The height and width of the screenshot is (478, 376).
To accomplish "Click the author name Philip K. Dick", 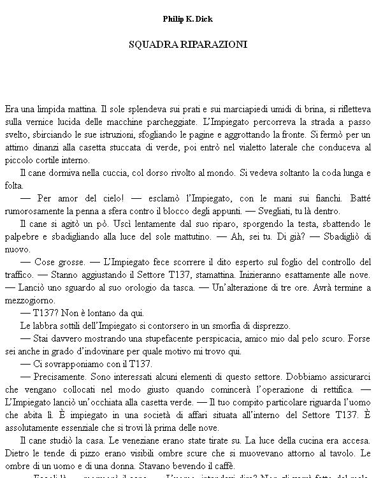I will click(187, 19).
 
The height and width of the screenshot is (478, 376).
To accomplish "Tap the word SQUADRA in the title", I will click(147, 45).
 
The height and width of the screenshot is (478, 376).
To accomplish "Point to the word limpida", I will click(52, 108).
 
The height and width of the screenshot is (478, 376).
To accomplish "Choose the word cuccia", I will click(123, 173).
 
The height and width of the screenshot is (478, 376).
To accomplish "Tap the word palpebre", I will click(21, 236).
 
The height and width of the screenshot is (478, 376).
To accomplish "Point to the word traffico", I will click(19, 275).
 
